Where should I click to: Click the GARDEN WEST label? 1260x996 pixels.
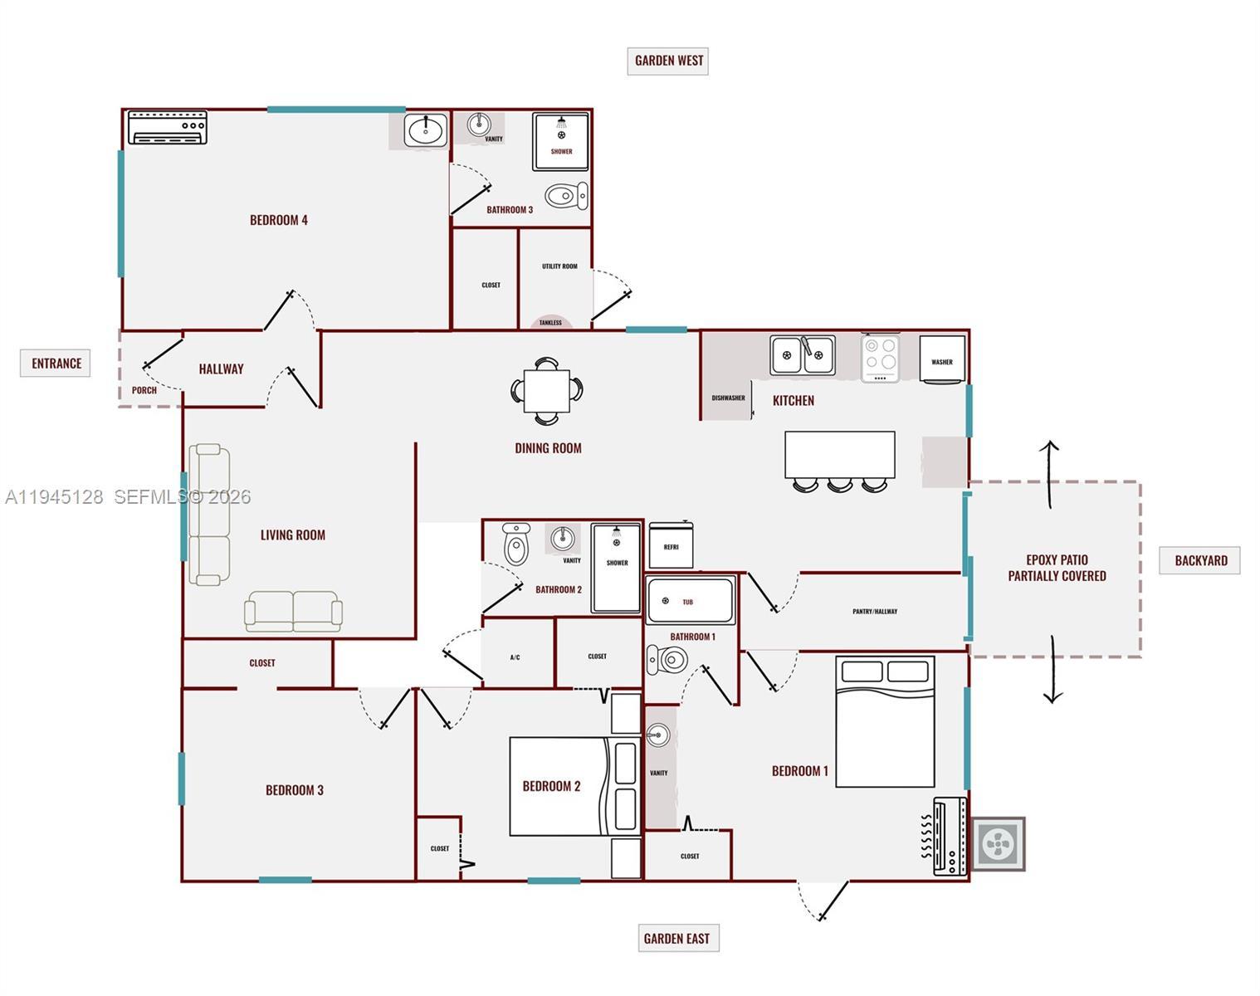668,61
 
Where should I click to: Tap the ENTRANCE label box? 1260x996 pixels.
56,364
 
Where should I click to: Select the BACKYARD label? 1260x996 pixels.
1200,561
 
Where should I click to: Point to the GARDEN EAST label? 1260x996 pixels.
678,938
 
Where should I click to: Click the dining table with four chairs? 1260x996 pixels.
547,391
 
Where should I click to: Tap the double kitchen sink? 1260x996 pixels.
803,355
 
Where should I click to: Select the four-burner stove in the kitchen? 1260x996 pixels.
880,359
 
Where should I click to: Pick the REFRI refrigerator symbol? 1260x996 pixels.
671,544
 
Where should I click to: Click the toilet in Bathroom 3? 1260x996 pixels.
566,196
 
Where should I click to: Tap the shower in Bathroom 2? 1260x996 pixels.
616,569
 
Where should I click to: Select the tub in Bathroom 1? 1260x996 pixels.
691,601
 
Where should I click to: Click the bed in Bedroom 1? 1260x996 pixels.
885,721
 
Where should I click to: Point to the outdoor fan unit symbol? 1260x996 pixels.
999,844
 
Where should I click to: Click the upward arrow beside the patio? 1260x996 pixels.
1048,474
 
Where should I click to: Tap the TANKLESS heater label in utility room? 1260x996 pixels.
550,323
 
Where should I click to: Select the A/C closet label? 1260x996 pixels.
515,657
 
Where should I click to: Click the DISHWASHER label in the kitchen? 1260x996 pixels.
729,398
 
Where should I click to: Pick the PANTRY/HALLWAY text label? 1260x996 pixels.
875,612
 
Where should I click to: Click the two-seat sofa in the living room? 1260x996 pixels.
293,612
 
